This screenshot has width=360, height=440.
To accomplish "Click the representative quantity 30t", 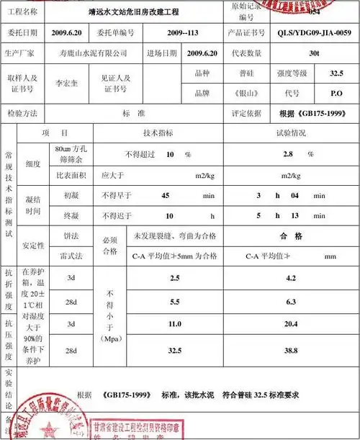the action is click(313, 53).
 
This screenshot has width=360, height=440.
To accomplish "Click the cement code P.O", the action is click(336, 94).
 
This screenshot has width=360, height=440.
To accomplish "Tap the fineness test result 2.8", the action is click(287, 154).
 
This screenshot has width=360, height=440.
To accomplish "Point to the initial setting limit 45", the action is click(166, 196).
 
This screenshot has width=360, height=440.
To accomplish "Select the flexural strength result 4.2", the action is click(291, 277).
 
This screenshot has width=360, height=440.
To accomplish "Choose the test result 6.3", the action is click(291, 302).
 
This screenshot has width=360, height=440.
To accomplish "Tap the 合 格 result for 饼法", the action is click(291, 235).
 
